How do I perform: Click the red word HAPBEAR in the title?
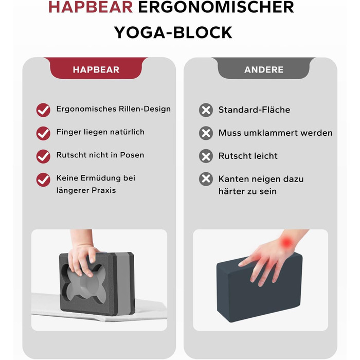pos(91,7)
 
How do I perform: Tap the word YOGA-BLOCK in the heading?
pos(173,32)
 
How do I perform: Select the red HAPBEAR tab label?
pos(96,69)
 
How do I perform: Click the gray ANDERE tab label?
pos(264,69)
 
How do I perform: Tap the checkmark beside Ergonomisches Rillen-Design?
pos(43,110)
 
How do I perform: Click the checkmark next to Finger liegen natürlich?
pos(43,133)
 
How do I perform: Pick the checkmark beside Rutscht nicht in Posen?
pos(43,156)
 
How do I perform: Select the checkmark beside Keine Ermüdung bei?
pos(43,179)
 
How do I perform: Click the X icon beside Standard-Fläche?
pos(206,110)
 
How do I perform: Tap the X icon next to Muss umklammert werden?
pos(206,133)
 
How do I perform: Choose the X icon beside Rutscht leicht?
pos(206,156)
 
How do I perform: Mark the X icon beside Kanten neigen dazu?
pos(206,179)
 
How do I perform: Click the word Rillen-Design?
pos(145,109)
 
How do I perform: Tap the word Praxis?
pos(104,190)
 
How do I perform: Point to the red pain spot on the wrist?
pos(286,243)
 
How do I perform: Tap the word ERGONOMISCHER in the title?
pos(216,7)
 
